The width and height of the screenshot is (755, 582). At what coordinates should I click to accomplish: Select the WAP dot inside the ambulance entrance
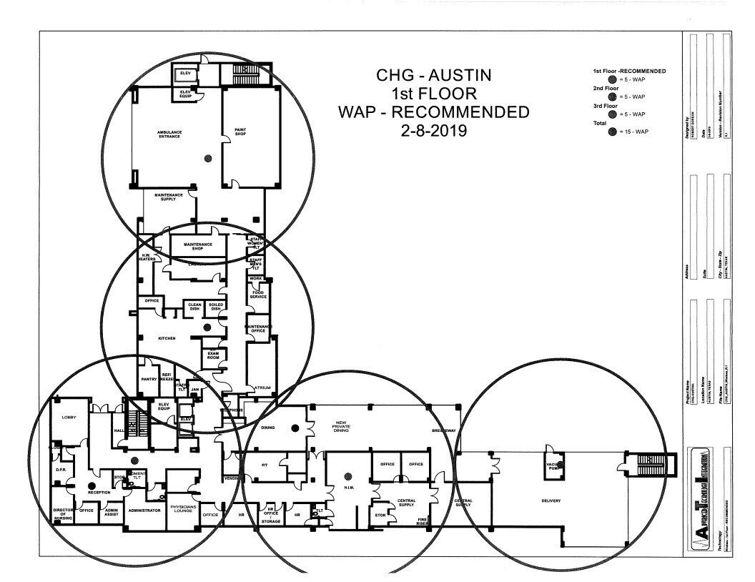(x=208, y=158)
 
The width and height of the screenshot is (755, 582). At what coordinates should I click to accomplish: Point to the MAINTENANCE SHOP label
(x=198, y=247)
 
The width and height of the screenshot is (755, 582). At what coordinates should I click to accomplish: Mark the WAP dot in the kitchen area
(x=207, y=327)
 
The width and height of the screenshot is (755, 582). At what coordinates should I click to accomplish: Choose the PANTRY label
(x=149, y=380)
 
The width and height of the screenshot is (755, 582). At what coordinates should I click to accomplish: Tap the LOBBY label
(x=69, y=417)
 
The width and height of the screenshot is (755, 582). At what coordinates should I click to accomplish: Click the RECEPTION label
(x=99, y=493)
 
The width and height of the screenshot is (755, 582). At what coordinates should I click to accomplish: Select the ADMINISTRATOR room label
(x=144, y=510)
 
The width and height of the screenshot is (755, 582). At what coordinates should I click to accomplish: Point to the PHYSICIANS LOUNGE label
(x=183, y=508)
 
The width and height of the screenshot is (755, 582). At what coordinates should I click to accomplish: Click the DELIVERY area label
(x=550, y=500)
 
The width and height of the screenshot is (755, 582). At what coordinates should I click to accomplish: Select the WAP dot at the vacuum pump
(x=561, y=464)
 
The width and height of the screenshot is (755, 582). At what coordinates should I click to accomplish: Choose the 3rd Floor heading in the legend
(x=607, y=105)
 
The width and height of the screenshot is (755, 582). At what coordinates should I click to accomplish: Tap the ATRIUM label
(x=263, y=388)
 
